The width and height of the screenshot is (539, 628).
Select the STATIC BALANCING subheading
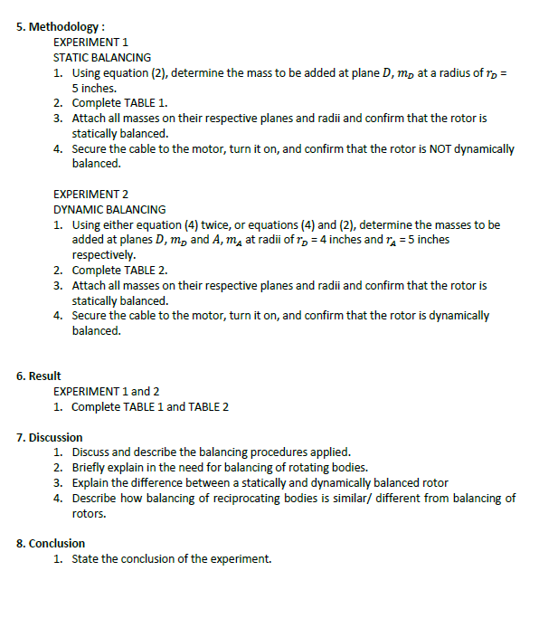tap(102, 57)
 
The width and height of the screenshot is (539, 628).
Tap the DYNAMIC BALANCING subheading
tap(109, 209)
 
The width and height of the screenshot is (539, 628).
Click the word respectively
tap(103, 255)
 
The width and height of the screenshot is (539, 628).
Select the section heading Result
tap(44, 376)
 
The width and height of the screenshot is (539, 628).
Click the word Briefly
tap(90, 467)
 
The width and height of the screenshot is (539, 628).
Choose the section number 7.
tap(22, 437)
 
